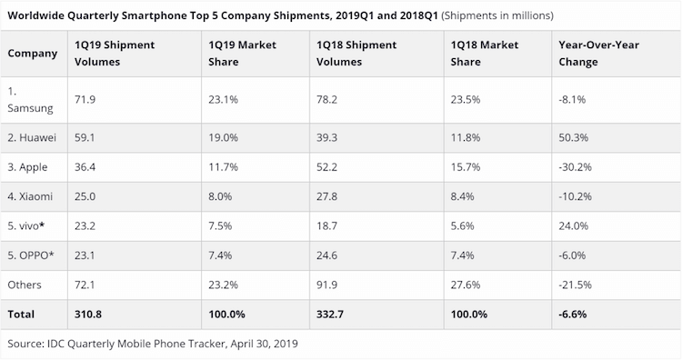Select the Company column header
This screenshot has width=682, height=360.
33,53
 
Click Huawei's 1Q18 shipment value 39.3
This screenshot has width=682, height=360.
327,138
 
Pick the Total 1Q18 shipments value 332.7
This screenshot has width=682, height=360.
330,315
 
